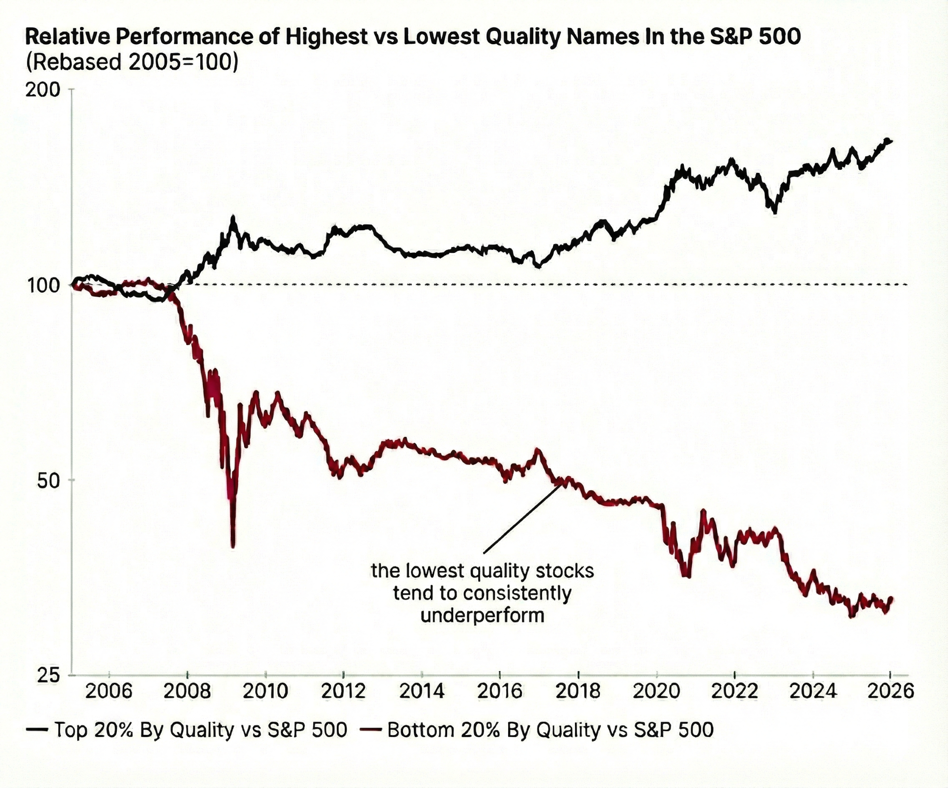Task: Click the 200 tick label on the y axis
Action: (x=43, y=89)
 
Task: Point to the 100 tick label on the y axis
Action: (x=43, y=285)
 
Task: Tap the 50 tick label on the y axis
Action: (x=48, y=481)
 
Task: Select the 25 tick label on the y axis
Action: (x=48, y=676)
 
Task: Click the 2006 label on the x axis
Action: (x=109, y=691)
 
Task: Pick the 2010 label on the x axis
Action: (x=266, y=691)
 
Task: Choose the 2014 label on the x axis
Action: (x=422, y=691)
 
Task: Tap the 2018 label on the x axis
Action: (x=578, y=691)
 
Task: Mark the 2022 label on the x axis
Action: (x=734, y=691)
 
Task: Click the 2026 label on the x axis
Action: (x=891, y=691)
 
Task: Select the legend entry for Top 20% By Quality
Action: (x=187, y=730)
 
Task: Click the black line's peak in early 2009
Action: (x=233, y=217)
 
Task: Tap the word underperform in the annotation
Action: (x=483, y=615)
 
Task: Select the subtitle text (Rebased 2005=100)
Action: (x=132, y=62)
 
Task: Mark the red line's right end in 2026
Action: (x=891, y=599)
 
